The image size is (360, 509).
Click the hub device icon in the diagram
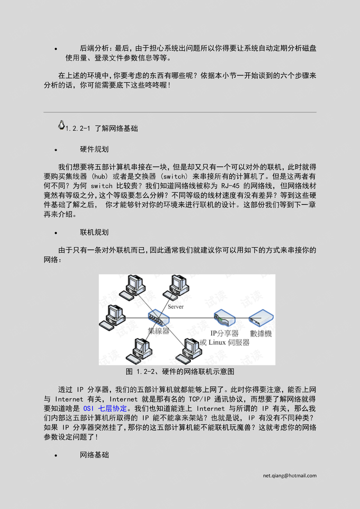click(159, 318)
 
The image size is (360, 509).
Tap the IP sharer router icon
click(224, 318)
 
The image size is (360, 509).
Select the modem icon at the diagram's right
click(261, 318)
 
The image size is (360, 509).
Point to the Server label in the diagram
click(175, 307)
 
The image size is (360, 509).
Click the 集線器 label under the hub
click(159, 331)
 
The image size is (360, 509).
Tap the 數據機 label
click(261, 333)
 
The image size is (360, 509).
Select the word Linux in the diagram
click(217, 342)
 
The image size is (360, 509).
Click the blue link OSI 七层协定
click(105, 408)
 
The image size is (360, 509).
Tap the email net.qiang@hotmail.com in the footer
click(289, 476)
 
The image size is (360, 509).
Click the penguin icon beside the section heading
click(61, 125)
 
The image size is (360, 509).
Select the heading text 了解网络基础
click(116, 129)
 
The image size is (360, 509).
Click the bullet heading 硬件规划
click(94, 149)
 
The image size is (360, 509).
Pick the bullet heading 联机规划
click(94, 233)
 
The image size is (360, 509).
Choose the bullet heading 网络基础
click(94, 455)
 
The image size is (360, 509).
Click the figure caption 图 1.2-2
click(180, 372)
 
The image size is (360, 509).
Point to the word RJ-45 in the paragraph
click(230, 186)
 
